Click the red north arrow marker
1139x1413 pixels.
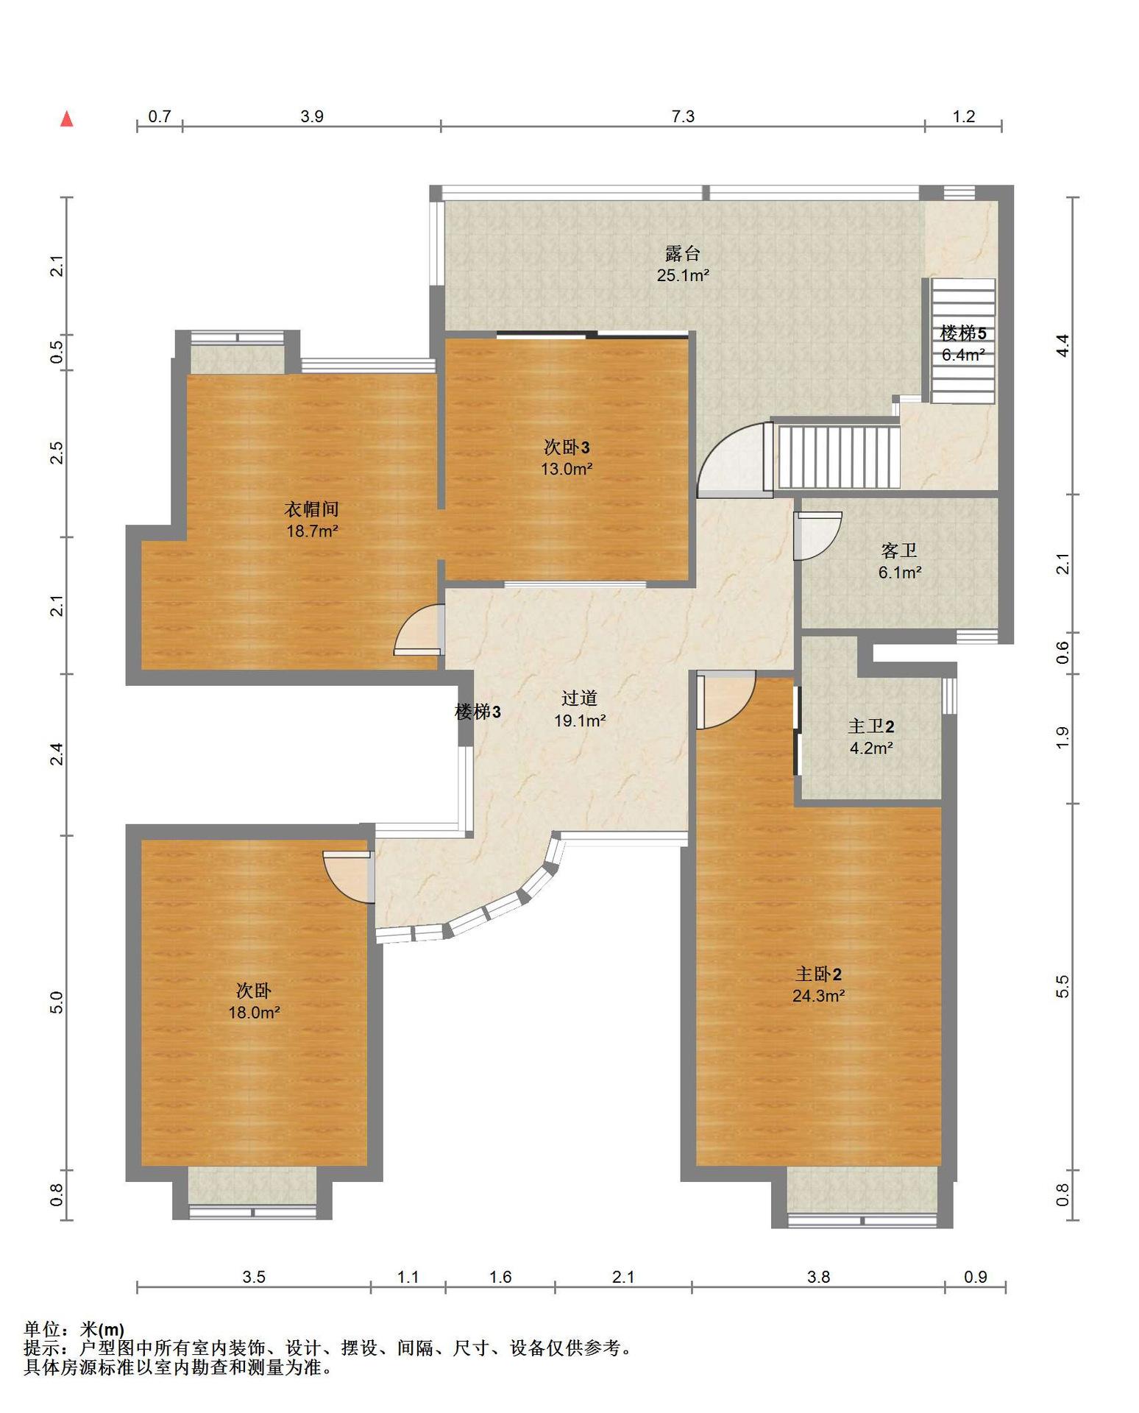67,118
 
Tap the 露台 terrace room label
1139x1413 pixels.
683,254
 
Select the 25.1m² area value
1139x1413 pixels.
683,276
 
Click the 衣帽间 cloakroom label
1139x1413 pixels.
312,509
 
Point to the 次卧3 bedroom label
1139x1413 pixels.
567,447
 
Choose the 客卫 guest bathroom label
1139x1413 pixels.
899,550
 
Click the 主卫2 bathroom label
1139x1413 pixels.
871,726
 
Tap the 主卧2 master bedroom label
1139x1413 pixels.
818,974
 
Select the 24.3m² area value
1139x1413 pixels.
818,996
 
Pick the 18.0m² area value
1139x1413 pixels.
254,1012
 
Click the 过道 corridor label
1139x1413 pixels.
579,698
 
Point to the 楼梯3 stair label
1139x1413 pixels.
478,712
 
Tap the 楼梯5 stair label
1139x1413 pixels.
963,333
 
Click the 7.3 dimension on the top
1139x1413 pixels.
683,116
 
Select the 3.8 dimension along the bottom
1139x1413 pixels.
818,1277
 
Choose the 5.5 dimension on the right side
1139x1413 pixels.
1062,986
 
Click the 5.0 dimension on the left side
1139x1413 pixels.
57,1002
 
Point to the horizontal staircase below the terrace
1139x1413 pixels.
839,456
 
